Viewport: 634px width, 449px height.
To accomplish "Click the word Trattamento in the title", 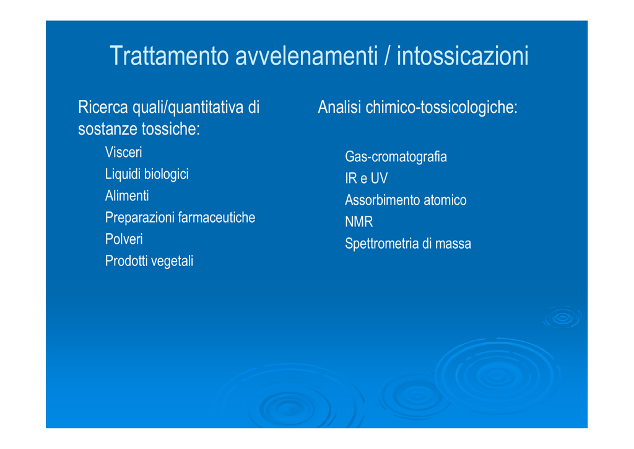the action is [170, 56].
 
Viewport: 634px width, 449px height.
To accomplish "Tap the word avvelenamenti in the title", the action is [306, 56].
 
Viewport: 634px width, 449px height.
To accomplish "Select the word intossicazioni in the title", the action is [462, 56].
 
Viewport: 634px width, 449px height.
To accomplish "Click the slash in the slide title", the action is [388, 56].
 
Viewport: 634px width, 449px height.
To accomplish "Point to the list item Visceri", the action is [123, 152].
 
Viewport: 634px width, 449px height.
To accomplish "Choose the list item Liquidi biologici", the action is [147, 174].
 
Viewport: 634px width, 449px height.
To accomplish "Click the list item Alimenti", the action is [127, 196].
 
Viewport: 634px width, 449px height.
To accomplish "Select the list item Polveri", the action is [124, 239].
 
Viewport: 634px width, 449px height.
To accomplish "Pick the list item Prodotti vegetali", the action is [149, 261].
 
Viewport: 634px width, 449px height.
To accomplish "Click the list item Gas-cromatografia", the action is [396, 157].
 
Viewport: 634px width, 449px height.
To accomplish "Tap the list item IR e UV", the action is [367, 178].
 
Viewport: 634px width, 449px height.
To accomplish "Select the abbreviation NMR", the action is [359, 222].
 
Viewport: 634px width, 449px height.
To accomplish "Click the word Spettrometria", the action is [381, 244].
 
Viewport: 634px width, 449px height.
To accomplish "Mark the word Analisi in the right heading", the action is [339, 107].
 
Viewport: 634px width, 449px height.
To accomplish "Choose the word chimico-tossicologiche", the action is [441, 108].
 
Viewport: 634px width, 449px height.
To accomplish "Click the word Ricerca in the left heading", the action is [103, 107].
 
